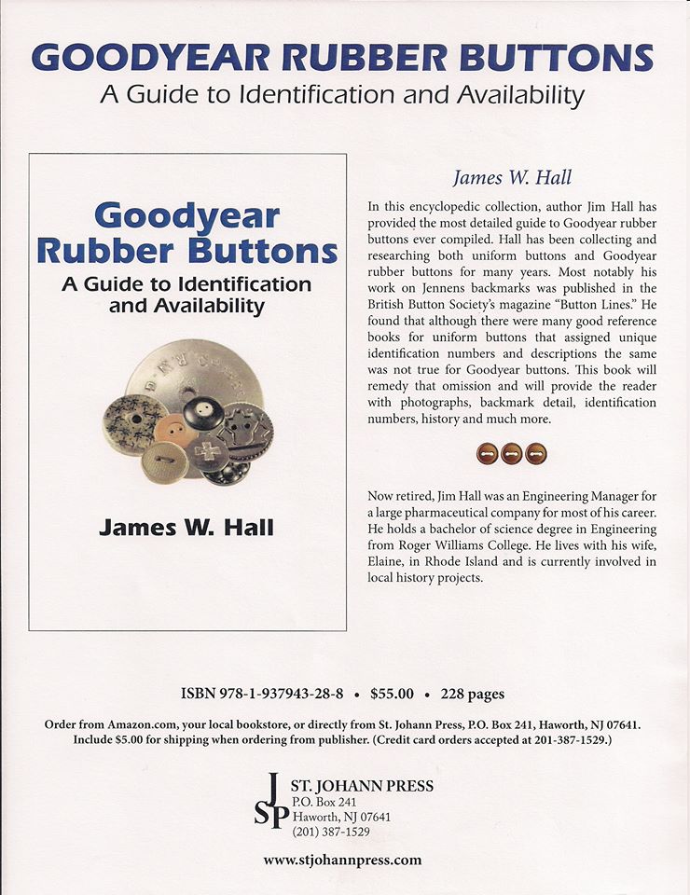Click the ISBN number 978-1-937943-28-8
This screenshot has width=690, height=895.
(280, 694)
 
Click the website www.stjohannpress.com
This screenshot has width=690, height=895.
(342, 860)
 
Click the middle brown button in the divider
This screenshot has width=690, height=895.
(510, 454)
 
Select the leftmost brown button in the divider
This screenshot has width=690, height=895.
(487, 454)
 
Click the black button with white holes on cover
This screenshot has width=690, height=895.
(202, 412)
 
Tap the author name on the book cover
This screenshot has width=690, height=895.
(186, 527)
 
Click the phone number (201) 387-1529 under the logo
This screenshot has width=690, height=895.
(331, 831)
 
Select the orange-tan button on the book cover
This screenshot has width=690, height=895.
(171, 431)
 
